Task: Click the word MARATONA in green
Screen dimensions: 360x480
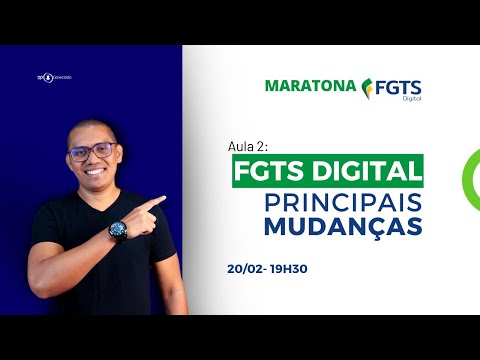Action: pyautogui.click(x=310, y=85)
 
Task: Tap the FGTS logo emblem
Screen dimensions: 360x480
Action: pyautogui.click(x=371, y=87)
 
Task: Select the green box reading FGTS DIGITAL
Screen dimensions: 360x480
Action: pyautogui.click(x=327, y=167)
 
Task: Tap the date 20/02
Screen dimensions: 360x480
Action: pyautogui.click(x=246, y=270)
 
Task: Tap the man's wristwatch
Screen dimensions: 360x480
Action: pyautogui.click(x=118, y=230)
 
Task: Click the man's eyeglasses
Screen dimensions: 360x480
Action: pyautogui.click(x=92, y=152)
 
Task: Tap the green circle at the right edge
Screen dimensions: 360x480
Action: pyautogui.click(x=469, y=176)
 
